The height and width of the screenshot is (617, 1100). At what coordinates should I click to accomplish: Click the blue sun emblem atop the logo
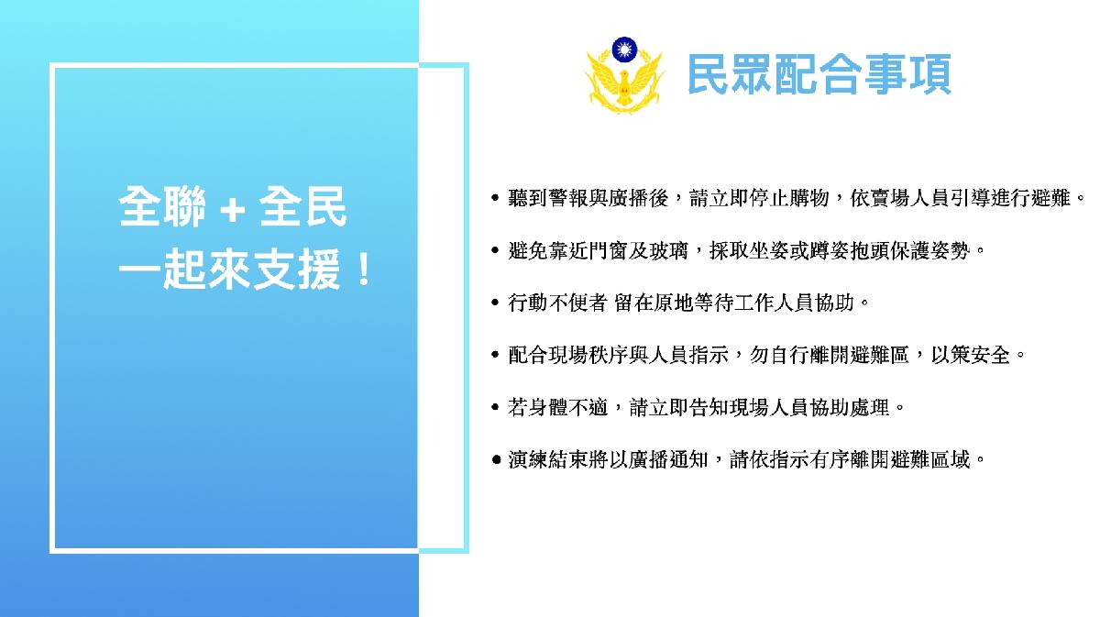[x=624, y=50]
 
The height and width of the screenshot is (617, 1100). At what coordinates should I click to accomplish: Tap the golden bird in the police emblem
[x=623, y=83]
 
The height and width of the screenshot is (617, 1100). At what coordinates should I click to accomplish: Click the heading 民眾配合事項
[x=819, y=74]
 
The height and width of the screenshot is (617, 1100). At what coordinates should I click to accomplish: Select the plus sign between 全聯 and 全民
[x=232, y=210]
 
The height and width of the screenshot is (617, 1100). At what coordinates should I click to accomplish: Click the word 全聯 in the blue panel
[x=162, y=206]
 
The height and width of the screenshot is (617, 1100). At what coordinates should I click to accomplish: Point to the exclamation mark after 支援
[x=365, y=270]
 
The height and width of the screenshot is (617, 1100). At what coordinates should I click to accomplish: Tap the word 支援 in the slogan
[x=296, y=270]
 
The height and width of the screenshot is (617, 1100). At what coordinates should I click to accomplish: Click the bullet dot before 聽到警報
[x=495, y=198]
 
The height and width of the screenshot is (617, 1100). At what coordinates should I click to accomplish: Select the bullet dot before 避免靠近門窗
[x=495, y=250]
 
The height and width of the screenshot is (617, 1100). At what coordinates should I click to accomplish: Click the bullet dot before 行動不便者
[x=495, y=303]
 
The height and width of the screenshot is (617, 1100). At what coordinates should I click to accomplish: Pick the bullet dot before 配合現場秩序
[x=495, y=355]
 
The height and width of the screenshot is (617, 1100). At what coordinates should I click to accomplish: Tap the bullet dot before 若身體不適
[x=495, y=407]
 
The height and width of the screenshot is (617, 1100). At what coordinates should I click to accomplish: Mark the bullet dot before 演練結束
[x=496, y=460]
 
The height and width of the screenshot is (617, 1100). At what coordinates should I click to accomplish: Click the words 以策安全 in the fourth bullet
[x=971, y=355]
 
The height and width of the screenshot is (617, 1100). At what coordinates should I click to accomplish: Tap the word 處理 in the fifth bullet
[x=870, y=407]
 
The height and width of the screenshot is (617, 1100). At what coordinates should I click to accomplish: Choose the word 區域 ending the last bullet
[x=951, y=460]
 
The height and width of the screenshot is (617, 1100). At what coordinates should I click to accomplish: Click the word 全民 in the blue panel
[x=303, y=206]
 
